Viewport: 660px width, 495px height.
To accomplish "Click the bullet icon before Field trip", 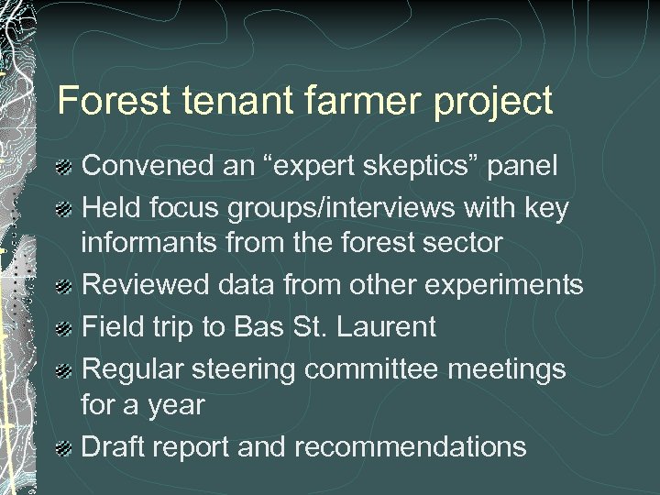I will point(65,327).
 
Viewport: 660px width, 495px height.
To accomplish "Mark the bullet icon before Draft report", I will point(65,448).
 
